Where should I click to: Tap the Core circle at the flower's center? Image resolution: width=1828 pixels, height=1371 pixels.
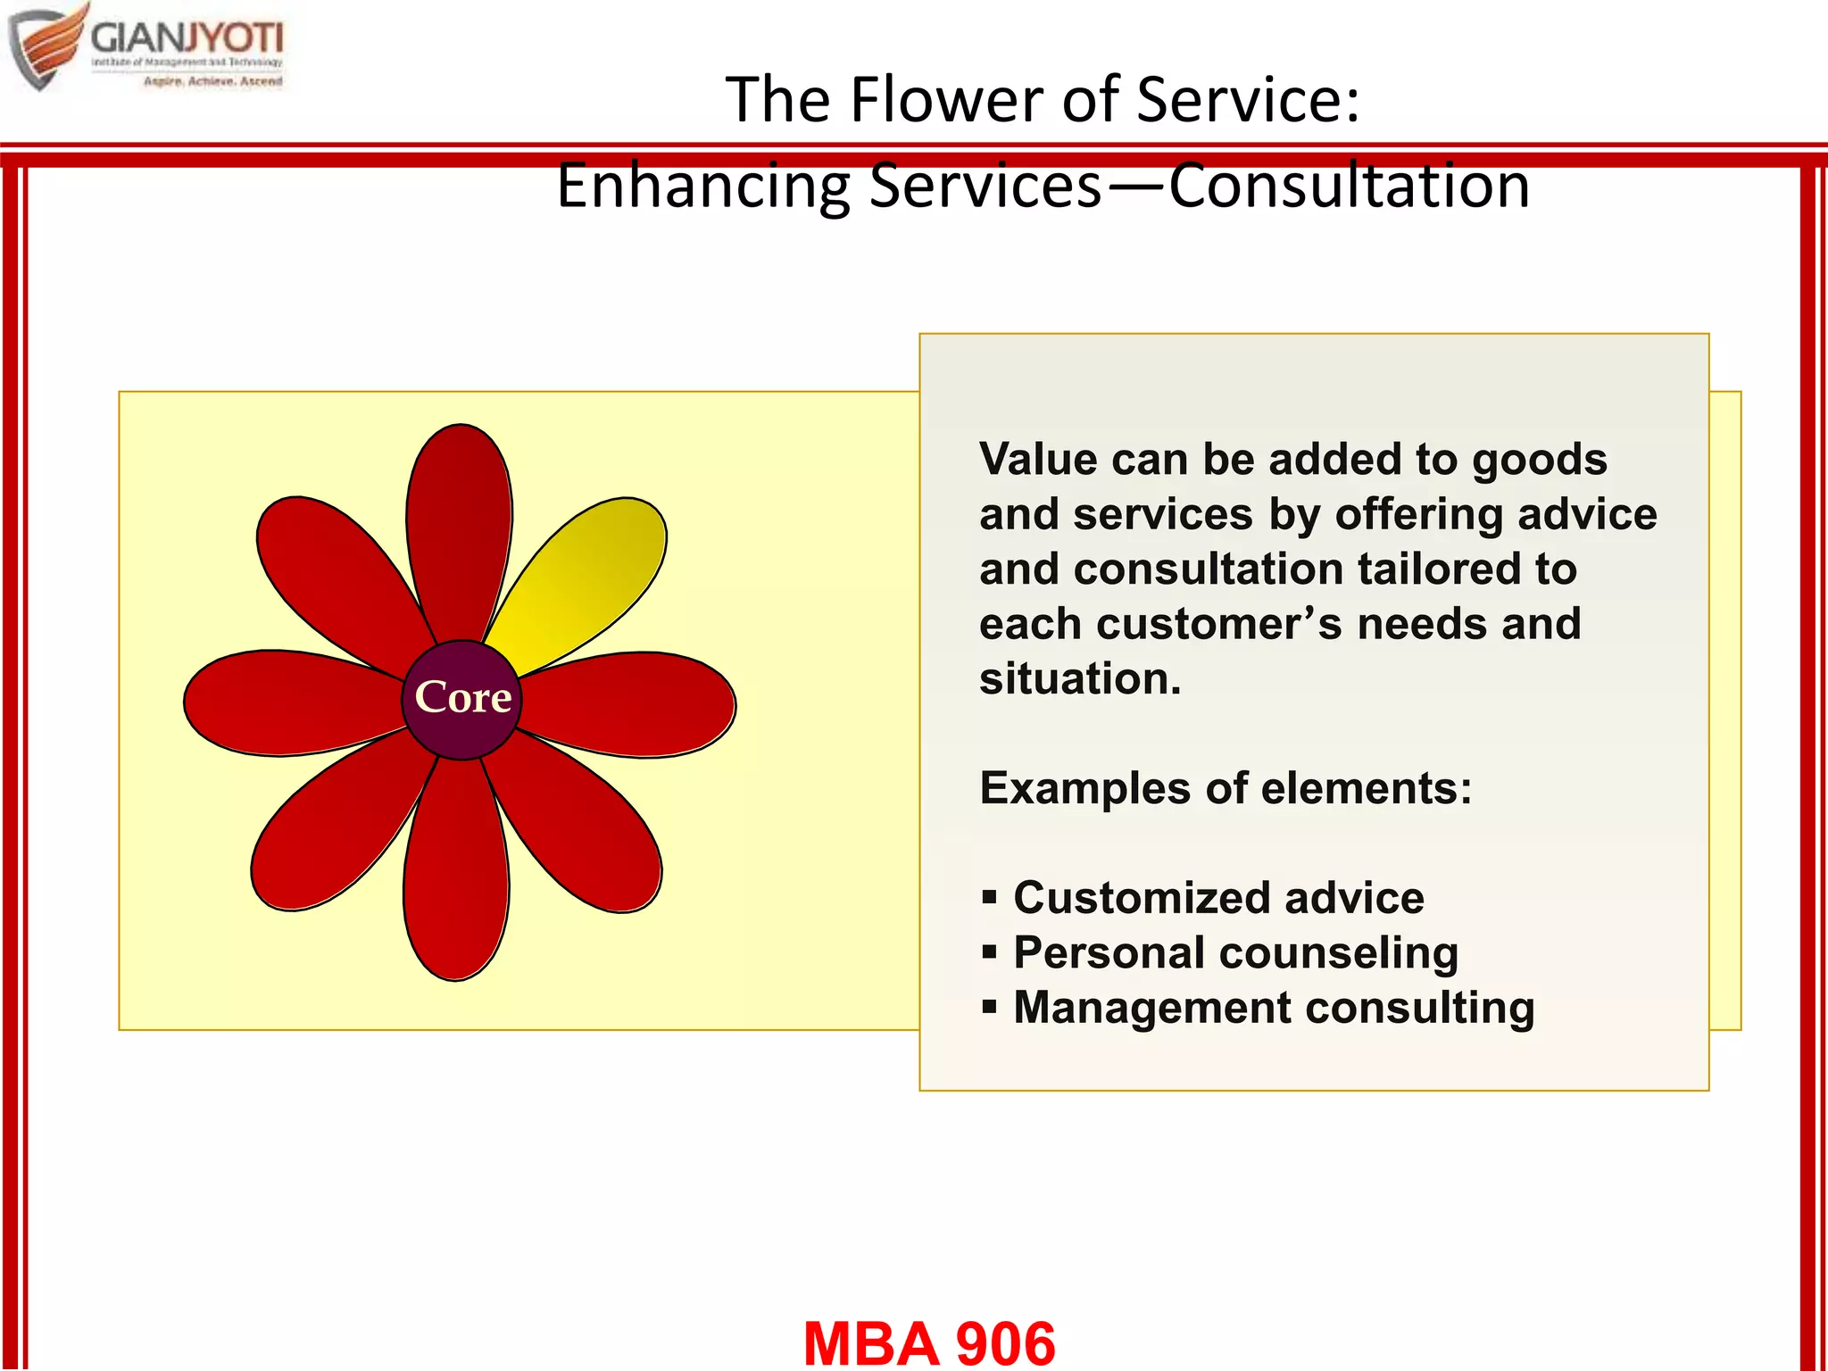461,699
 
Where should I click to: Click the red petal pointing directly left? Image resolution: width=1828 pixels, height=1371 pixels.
286,703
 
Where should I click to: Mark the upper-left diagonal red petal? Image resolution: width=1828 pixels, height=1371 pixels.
335,571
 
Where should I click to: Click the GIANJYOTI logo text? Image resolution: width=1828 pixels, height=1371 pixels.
187,37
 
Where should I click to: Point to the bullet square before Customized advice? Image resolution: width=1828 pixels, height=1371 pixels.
989,897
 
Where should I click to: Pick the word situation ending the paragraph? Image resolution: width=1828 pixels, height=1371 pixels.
1080,679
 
